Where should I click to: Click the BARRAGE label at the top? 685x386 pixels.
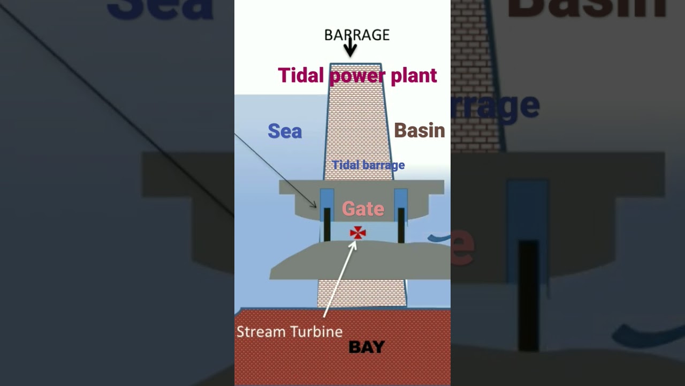357,35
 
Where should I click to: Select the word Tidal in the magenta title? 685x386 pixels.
301,75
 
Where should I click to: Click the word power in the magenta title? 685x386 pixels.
357,76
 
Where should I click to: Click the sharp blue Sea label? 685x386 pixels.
285,131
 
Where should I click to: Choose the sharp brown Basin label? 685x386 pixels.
419,130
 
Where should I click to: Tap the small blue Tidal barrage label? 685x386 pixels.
368,165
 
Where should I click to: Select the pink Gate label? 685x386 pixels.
363,209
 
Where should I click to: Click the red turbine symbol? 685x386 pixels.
357,233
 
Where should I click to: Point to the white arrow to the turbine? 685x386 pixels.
340,279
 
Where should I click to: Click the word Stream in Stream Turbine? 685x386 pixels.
262,332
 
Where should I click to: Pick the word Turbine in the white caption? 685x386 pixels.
316,332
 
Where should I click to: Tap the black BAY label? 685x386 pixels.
367,347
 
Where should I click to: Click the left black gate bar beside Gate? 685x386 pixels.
327,225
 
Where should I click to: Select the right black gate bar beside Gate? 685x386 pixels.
401,226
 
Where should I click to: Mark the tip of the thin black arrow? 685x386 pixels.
316,207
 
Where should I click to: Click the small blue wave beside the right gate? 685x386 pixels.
439,237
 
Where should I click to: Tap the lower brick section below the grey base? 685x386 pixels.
362,293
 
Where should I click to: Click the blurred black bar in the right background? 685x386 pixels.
528,295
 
